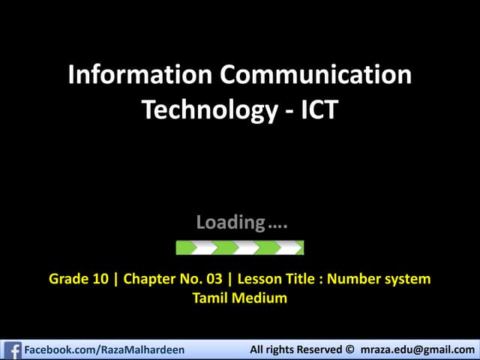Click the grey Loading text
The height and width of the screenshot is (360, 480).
(x=230, y=222)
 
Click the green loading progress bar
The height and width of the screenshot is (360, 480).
(x=239, y=247)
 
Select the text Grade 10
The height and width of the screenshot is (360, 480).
(x=78, y=279)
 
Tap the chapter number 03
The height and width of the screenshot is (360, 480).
(x=214, y=279)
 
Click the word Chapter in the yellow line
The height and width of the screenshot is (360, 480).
(x=150, y=279)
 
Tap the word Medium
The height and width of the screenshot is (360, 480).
(x=260, y=298)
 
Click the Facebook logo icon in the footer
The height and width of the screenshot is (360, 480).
(x=12, y=349)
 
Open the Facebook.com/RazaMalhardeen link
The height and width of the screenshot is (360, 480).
(x=104, y=350)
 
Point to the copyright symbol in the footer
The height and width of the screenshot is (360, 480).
(x=349, y=350)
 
